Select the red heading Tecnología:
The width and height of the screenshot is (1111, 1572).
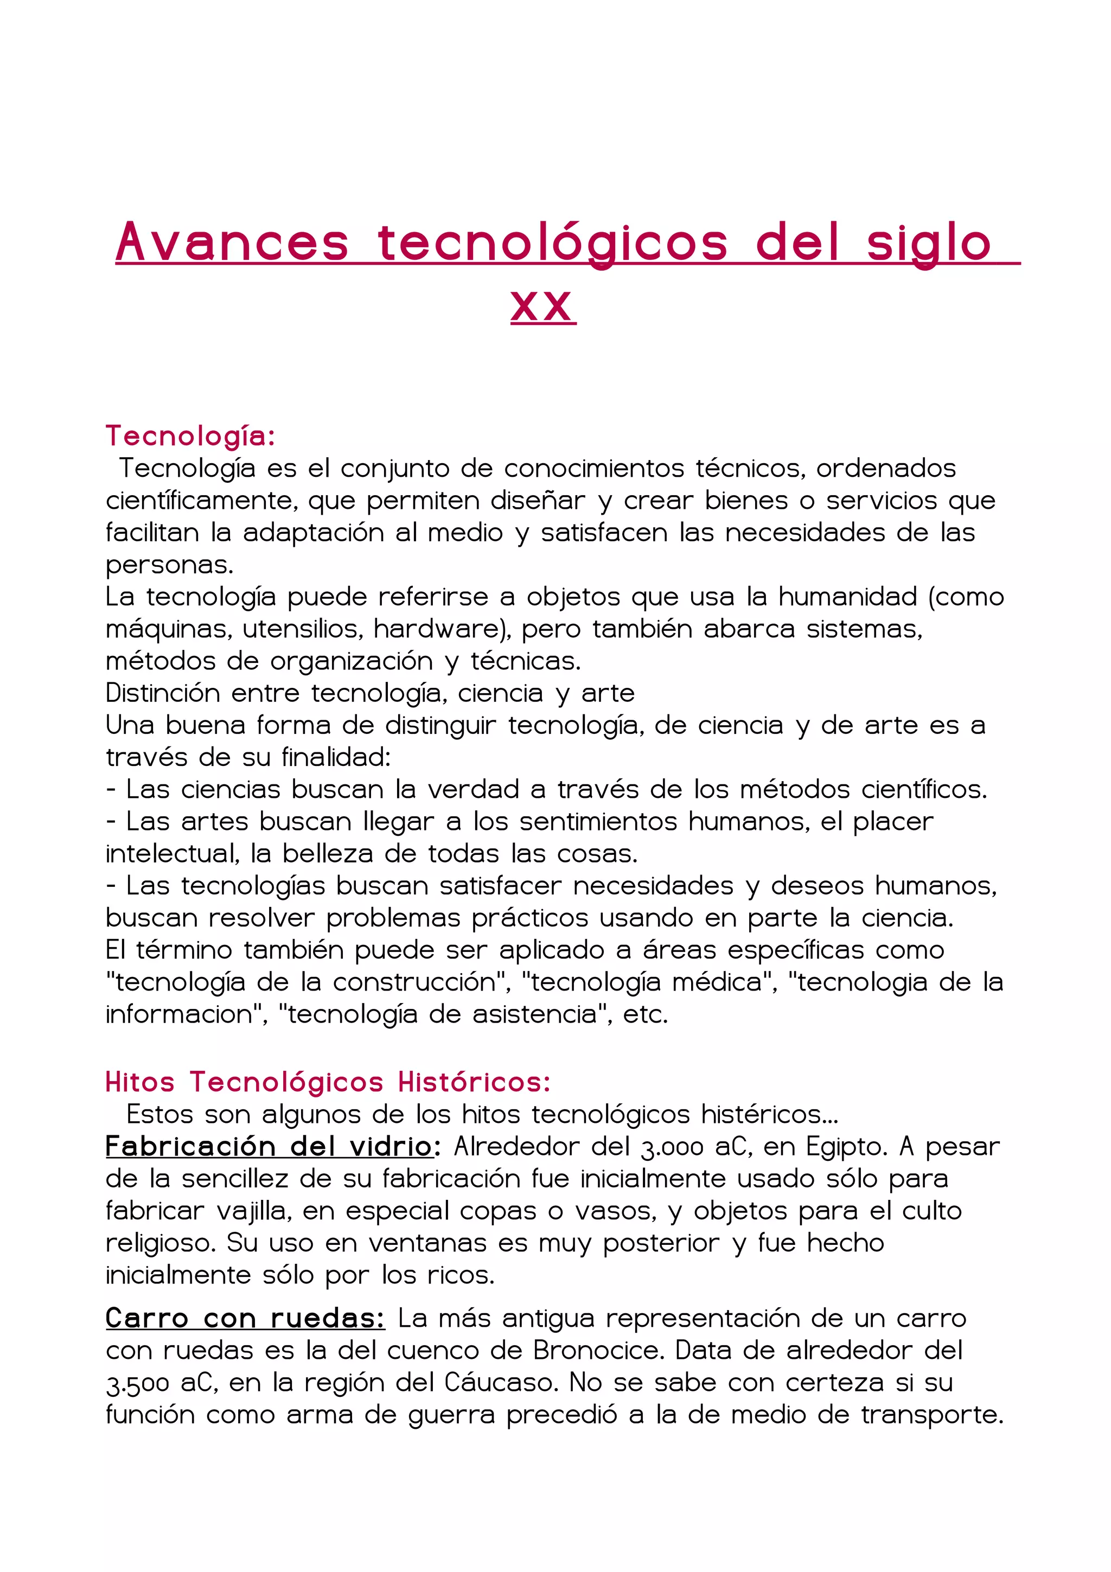click(x=190, y=436)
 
